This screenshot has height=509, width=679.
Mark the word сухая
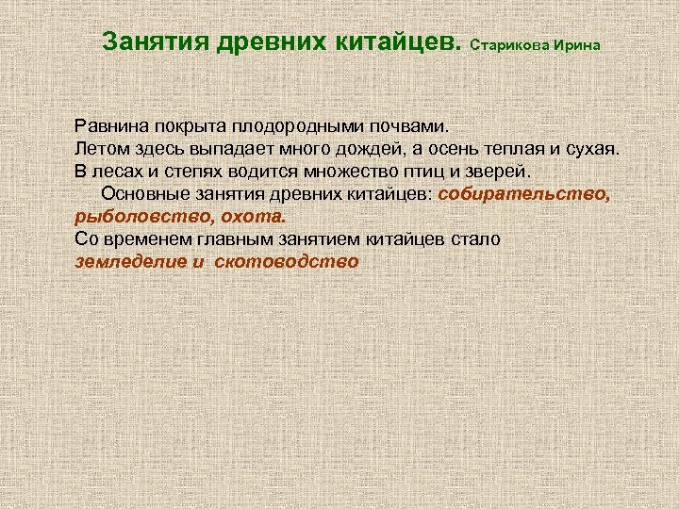[593, 148]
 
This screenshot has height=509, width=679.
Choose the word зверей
[499, 172]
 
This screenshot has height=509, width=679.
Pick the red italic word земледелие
[130, 262]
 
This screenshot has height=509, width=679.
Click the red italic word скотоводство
[287, 262]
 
